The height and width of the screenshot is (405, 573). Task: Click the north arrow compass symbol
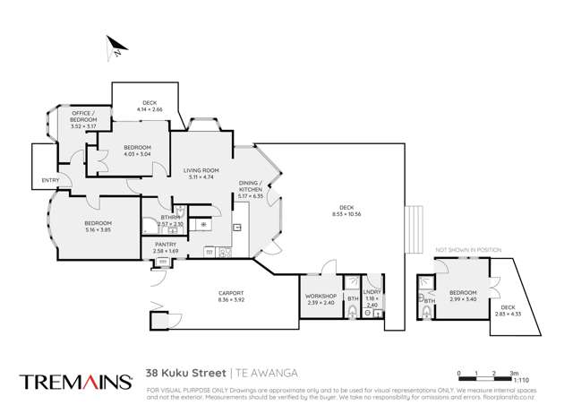pyautogui.click(x=114, y=47)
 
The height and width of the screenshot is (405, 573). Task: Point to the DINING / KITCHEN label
pyautogui.click(x=250, y=186)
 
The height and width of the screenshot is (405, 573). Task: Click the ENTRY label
pyautogui.click(x=50, y=180)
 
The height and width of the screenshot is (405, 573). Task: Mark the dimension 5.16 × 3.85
pyautogui.click(x=98, y=229)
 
